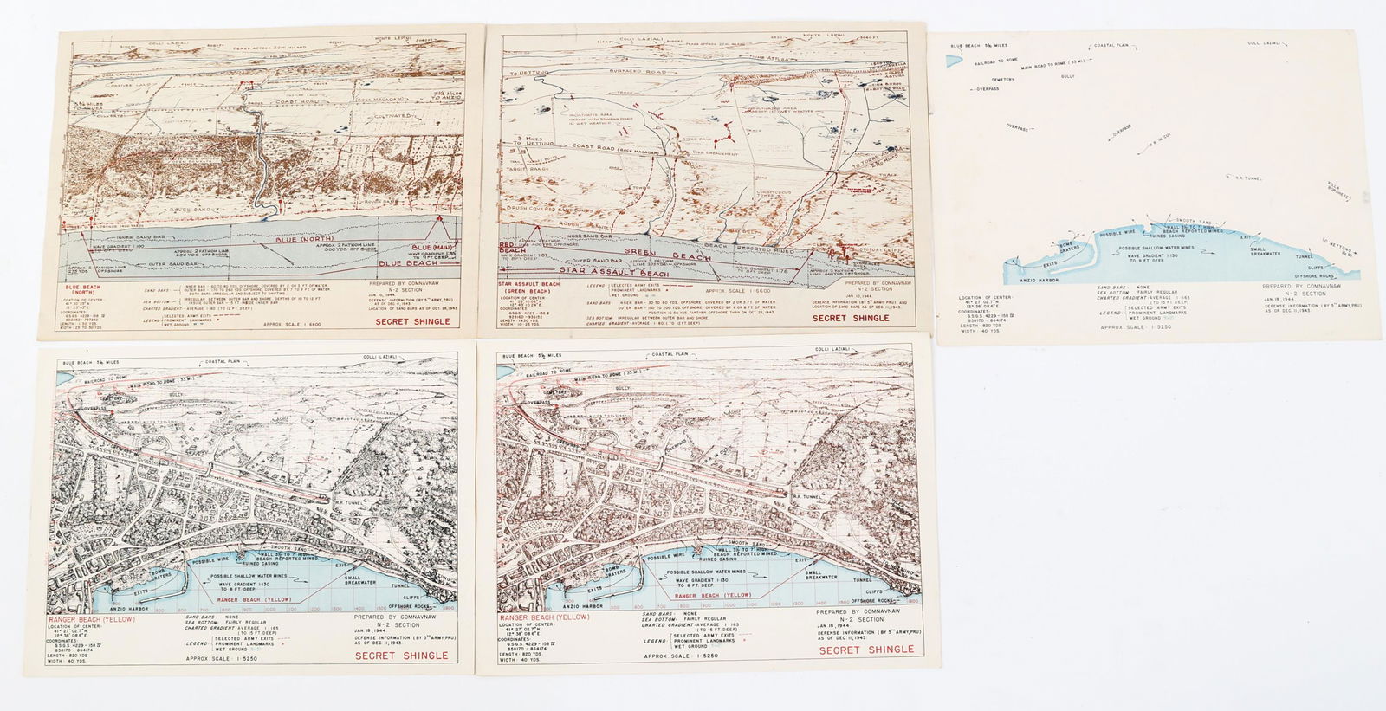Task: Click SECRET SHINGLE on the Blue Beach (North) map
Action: (x=413, y=320)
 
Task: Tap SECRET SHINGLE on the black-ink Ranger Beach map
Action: (x=401, y=656)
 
